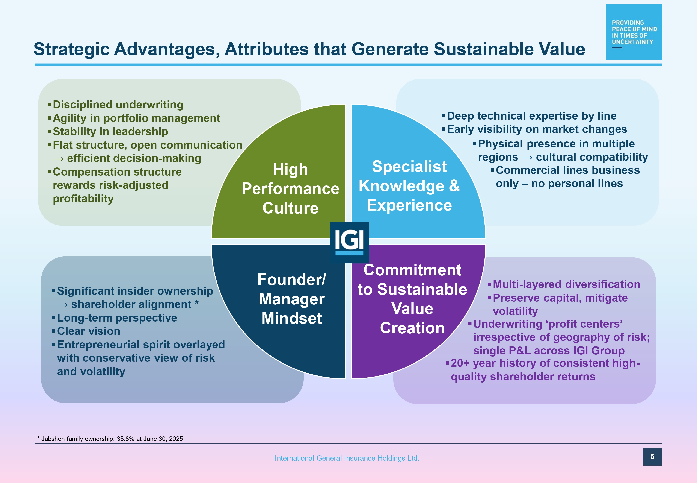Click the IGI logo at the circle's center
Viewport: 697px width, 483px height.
(x=349, y=242)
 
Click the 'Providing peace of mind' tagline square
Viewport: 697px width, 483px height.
(x=634, y=32)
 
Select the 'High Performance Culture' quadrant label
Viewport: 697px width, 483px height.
(x=290, y=188)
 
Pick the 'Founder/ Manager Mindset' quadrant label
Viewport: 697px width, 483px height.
(x=292, y=299)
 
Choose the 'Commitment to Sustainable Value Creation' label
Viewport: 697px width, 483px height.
(x=412, y=299)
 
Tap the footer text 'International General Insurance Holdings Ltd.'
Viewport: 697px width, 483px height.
(x=347, y=458)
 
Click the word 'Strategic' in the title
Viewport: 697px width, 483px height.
(x=71, y=49)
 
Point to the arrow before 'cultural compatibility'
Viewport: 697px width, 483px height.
(x=527, y=158)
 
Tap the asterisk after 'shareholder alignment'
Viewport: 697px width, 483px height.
(x=196, y=303)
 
